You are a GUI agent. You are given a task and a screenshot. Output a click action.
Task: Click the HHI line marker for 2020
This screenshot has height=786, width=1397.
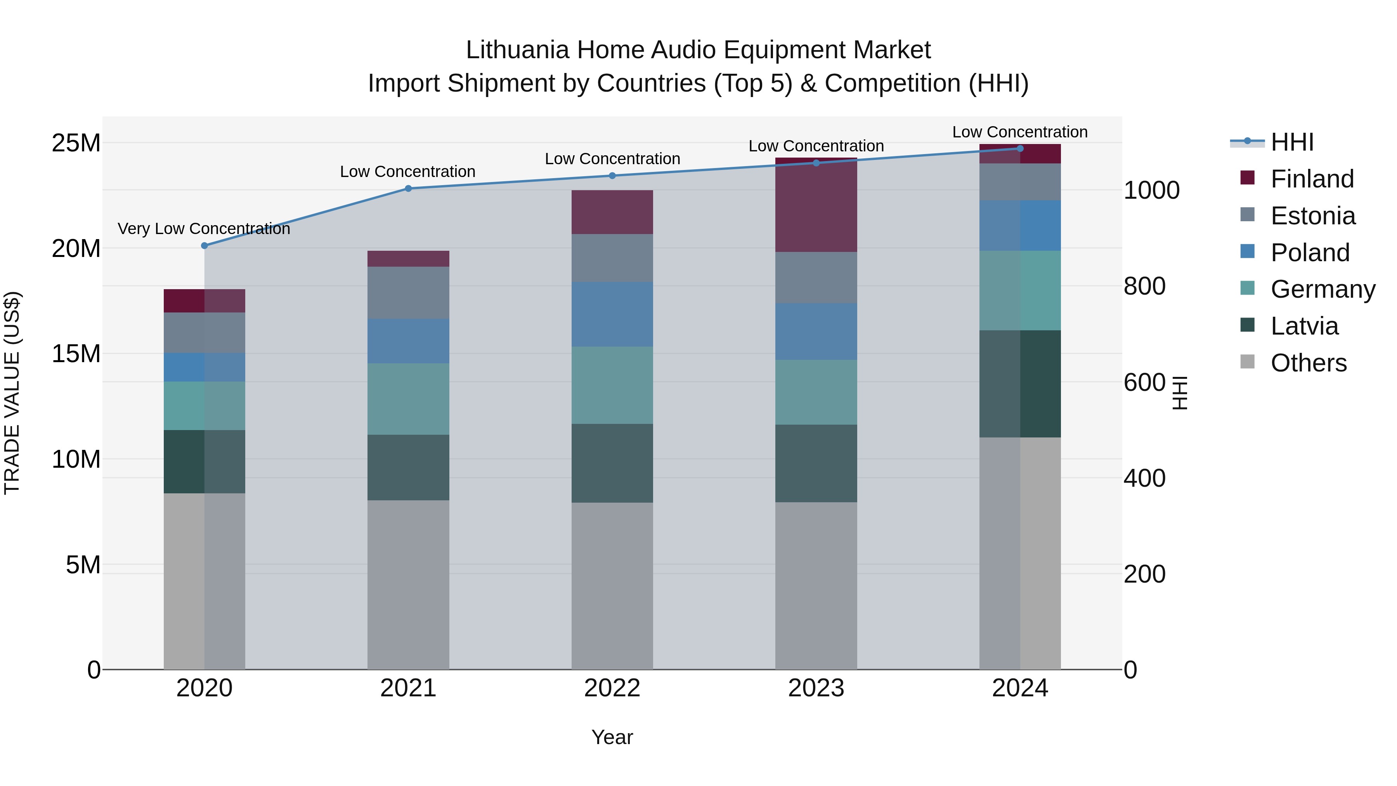tap(205, 246)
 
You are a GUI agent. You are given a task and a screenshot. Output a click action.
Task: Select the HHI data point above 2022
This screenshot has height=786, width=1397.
tap(612, 176)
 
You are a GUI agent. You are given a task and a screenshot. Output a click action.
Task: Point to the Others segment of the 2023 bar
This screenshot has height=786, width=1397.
tap(816, 586)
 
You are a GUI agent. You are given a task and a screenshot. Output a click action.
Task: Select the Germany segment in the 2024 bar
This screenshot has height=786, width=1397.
tap(1020, 290)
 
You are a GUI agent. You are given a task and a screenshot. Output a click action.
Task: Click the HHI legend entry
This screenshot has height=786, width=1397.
tap(1292, 142)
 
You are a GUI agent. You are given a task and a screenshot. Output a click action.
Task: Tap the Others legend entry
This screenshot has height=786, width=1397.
tap(1308, 363)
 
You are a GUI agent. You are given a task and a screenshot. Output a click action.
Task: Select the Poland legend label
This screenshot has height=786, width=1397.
tap(1310, 253)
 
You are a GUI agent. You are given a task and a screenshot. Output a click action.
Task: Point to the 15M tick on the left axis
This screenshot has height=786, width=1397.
tap(76, 354)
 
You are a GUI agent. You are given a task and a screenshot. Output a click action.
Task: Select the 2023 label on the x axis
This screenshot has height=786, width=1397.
tap(816, 688)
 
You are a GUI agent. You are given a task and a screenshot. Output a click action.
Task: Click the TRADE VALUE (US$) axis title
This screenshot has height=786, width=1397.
tap(12, 393)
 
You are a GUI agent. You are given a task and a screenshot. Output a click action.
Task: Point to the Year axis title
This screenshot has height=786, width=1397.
tap(612, 737)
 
